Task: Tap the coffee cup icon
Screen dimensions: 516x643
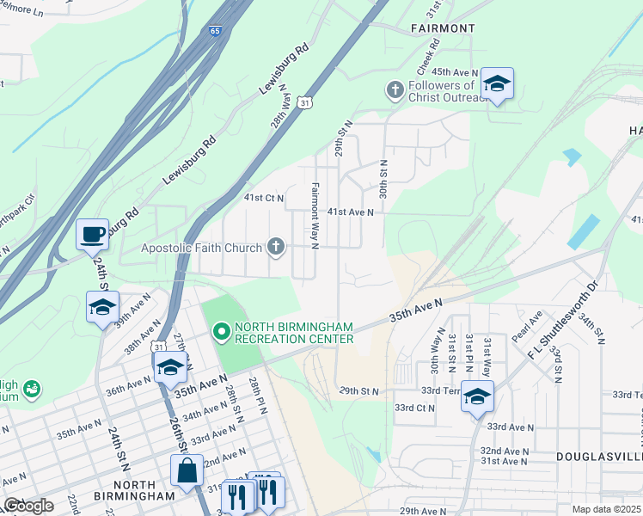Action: (92, 234)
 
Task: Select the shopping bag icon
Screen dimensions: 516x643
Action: (187, 471)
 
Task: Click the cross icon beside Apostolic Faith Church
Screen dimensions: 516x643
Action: (276, 248)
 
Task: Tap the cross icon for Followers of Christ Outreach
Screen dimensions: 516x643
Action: (395, 89)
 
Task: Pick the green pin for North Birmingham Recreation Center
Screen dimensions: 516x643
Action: (221, 331)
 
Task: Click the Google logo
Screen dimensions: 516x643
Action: (28, 506)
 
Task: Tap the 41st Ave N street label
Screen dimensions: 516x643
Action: (350, 212)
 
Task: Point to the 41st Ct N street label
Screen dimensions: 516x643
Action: (263, 198)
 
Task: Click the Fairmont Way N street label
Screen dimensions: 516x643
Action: (315, 215)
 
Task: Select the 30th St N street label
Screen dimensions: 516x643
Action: (383, 177)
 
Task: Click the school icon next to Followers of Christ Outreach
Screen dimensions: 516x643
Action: (496, 83)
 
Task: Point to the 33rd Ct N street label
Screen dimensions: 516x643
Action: (413, 408)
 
